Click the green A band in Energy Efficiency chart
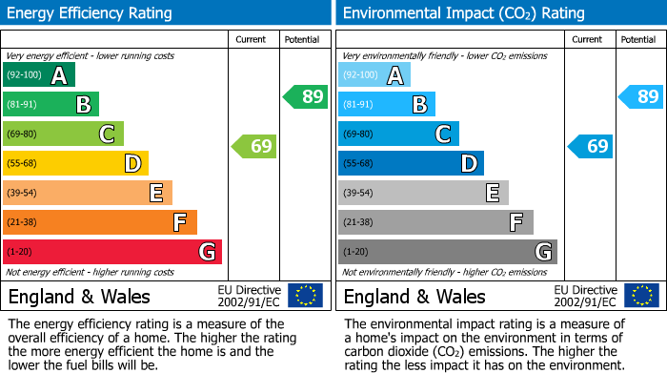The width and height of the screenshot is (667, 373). point(38,75)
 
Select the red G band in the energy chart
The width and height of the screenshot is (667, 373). point(111,252)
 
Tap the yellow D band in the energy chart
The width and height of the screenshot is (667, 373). point(75,164)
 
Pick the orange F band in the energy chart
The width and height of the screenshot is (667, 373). point(99,223)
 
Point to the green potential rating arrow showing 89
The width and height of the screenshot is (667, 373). point(306,96)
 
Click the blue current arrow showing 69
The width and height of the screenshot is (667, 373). point(590,146)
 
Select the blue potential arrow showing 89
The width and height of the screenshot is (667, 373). point(641,96)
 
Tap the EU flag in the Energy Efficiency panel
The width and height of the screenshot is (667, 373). point(305,296)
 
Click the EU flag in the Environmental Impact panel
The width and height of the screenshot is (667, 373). point(641,296)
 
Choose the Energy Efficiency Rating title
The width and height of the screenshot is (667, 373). point(91,13)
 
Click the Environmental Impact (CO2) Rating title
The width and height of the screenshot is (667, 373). point(463,13)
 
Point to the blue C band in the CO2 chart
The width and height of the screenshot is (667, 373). point(397,135)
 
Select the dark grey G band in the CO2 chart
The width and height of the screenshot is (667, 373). point(447,252)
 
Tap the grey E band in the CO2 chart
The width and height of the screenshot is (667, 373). point(422,194)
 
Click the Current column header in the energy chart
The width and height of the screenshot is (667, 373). point(253,39)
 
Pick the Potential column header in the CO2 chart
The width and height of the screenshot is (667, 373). point(637,39)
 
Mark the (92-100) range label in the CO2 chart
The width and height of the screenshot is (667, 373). point(360,75)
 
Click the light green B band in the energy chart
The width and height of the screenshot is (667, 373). point(51,105)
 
